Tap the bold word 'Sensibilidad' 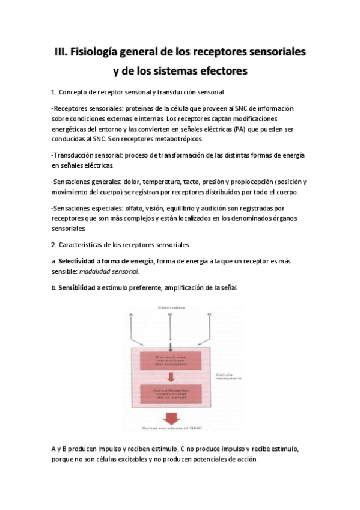[x=77, y=288]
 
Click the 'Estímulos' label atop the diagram [x=170, y=307]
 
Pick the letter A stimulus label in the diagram [x=132, y=315]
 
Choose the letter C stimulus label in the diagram [x=209, y=315]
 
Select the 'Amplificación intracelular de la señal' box [x=170, y=394]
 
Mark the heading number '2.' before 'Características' [x=54, y=245]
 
